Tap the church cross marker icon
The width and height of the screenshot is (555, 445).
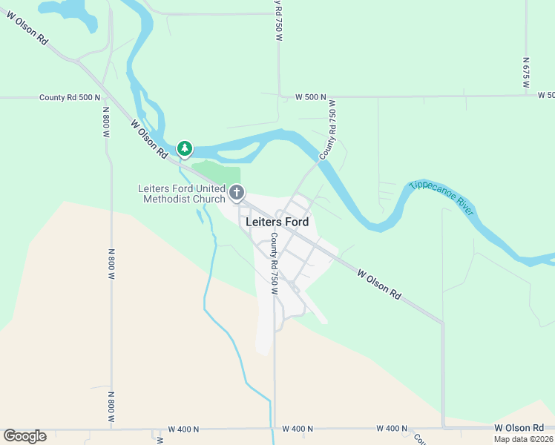coord(237,194)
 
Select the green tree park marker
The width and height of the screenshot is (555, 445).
coord(185,149)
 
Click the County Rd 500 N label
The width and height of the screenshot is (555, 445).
coord(70,98)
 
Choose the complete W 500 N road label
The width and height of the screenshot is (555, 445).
coord(310,97)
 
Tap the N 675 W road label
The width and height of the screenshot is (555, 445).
coord(525,73)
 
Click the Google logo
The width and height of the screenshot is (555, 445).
coord(24,436)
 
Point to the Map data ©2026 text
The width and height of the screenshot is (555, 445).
coord(523,439)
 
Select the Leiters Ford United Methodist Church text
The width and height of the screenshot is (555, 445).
coord(182,194)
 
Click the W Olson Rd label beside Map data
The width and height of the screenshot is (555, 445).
coord(519,428)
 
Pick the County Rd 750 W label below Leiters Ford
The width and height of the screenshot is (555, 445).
coord(274,263)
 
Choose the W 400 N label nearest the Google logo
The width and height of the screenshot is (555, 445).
coord(185,429)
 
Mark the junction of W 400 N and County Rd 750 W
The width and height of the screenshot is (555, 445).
coord(274,429)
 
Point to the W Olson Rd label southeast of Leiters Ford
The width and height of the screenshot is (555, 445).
coord(378,284)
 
